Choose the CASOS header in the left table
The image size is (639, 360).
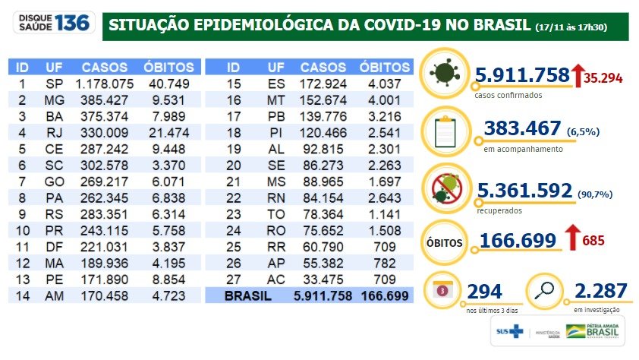[105, 67]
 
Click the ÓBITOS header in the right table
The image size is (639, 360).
[384, 67]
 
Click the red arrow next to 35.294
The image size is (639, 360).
[578, 74]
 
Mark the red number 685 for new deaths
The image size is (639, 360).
[594, 242]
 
